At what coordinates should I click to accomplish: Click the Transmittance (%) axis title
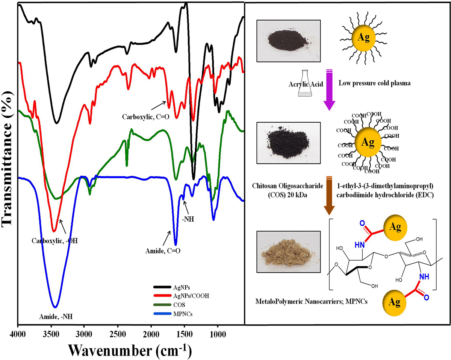coord(8,162)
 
